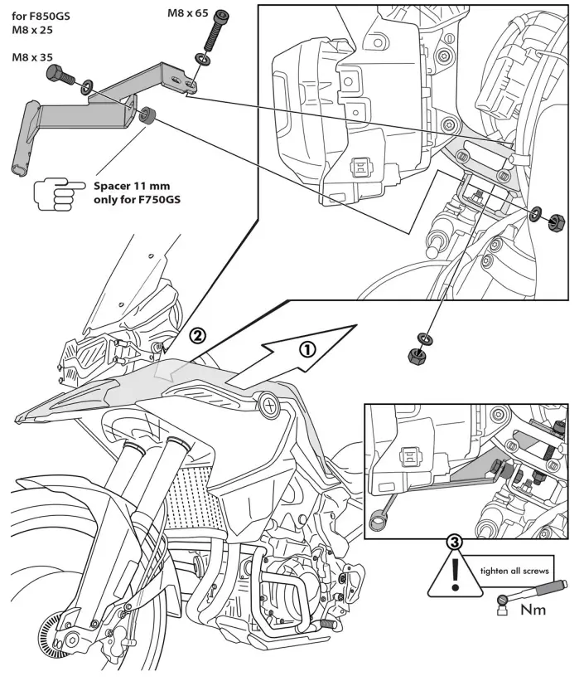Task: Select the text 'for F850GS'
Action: (x=41, y=14)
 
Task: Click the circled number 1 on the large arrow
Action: (x=306, y=348)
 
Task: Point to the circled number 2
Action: (x=197, y=336)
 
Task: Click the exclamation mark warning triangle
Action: (x=454, y=575)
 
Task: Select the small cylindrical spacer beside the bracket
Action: (x=149, y=116)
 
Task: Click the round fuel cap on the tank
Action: (x=270, y=405)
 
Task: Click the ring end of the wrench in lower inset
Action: (x=378, y=521)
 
